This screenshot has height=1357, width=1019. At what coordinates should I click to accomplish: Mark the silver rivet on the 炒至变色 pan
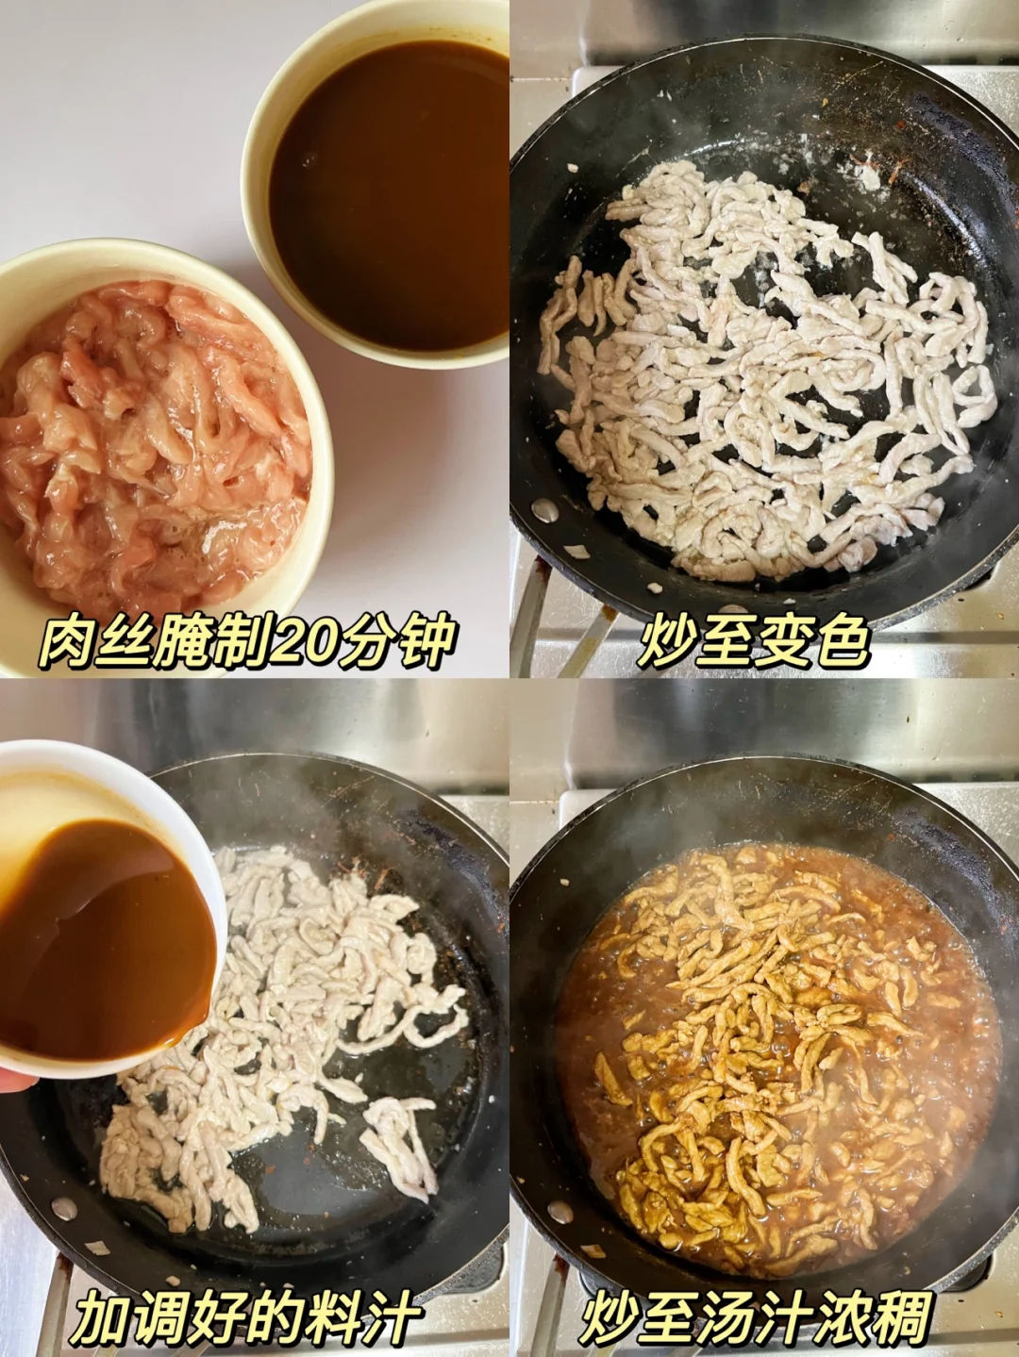click(x=544, y=509)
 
